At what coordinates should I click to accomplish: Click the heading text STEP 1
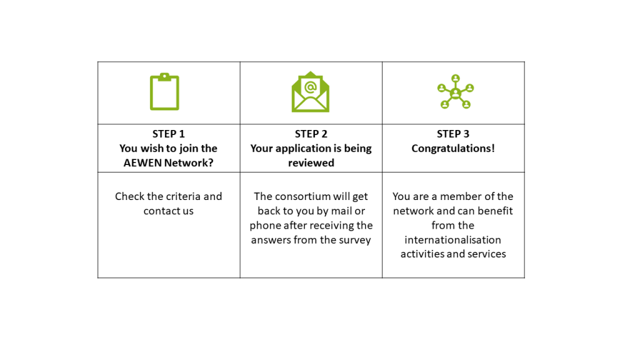[x=169, y=134]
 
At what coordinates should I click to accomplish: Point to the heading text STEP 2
[x=311, y=134]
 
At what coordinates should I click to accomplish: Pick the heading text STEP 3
[x=453, y=134]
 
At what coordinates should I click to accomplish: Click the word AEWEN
[x=143, y=163]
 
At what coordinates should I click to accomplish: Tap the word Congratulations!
[x=453, y=148]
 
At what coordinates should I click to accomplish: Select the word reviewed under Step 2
[x=311, y=163]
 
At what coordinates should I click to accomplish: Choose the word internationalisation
[x=452, y=240]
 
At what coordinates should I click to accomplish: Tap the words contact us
[x=169, y=211]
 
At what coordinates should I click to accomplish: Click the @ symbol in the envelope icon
[x=310, y=87]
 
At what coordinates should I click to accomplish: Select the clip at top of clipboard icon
[x=164, y=77]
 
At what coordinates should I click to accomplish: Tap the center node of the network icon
[x=456, y=94]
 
